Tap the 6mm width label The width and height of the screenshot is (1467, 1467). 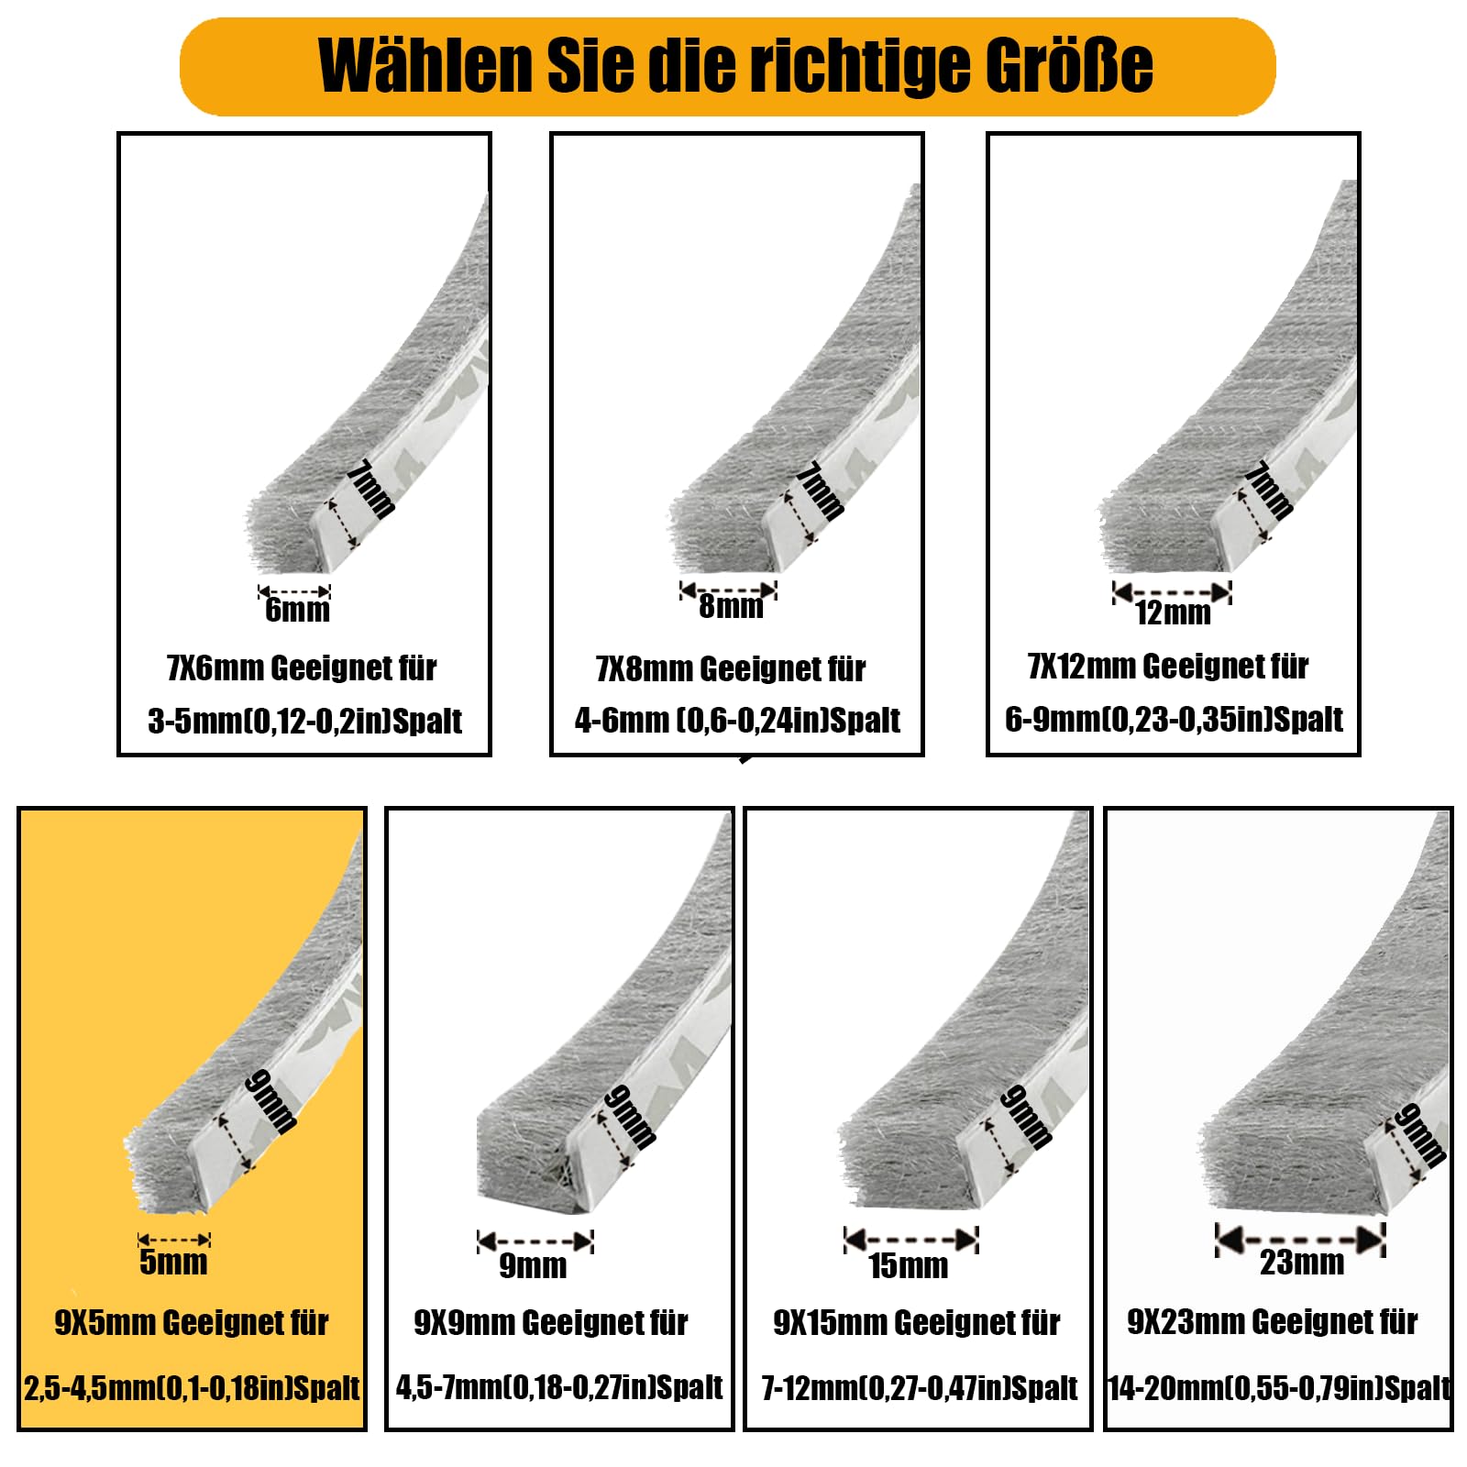[x=297, y=610]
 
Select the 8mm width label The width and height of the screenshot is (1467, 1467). [x=731, y=606]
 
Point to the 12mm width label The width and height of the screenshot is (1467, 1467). [x=1173, y=612]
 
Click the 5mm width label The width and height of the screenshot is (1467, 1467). [x=173, y=1263]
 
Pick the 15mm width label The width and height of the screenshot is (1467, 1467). [x=908, y=1266]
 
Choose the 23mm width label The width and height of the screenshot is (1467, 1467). [x=1302, y=1263]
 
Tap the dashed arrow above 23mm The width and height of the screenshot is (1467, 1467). [x=1300, y=1240]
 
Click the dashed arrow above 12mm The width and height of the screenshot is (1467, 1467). [x=1172, y=592]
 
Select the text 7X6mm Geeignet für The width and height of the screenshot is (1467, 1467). [x=302, y=668]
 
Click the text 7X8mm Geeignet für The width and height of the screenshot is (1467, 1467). [x=731, y=669]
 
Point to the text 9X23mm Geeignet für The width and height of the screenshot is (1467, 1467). [x=1273, y=1322]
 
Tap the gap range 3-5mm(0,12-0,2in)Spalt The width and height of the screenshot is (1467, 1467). [x=304, y=722]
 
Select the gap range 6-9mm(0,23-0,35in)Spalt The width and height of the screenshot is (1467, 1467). [x=1174, y=720]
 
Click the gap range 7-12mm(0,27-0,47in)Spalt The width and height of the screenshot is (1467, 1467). [x=920, y=1388]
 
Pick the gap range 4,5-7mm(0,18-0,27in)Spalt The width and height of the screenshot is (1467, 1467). [x=559, y=1387]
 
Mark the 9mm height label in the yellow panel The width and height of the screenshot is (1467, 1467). [x=271, y=1101]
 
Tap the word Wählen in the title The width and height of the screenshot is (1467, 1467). [x=425, y=65]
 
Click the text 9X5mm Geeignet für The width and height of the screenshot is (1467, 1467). [x=192, y=1323]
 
